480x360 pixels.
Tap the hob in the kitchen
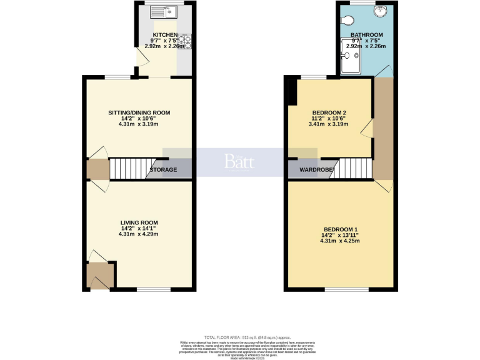point(184,42)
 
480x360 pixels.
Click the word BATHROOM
point(366,35)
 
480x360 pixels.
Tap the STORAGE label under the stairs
point(163,170)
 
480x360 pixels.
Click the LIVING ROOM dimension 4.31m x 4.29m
point(139,234)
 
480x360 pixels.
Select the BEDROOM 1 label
point(340,229)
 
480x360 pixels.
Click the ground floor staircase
point(129,168)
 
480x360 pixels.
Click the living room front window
point(153,289)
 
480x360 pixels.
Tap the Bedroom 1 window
point(337,289)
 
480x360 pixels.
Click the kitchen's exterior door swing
point(141,59)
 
